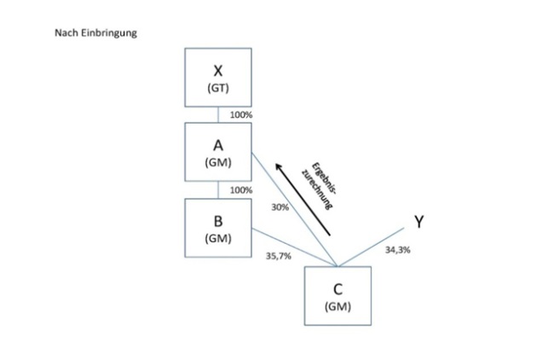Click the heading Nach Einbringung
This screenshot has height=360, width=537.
(95, 33)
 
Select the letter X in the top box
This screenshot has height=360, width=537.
(218, 72)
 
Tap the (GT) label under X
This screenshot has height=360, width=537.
(218, 89)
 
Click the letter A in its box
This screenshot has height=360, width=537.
(218, 144)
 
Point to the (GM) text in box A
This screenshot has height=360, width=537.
(218, 161)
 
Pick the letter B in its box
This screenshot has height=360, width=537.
(218, 220)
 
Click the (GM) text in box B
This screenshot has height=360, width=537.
(218, 237)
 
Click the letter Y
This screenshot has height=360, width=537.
(419, 222)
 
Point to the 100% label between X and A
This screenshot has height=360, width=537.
(241, 114)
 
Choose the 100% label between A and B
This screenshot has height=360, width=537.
(241, 189)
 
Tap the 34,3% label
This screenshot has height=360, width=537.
(398, 251)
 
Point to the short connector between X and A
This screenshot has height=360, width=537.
(218, 114)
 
